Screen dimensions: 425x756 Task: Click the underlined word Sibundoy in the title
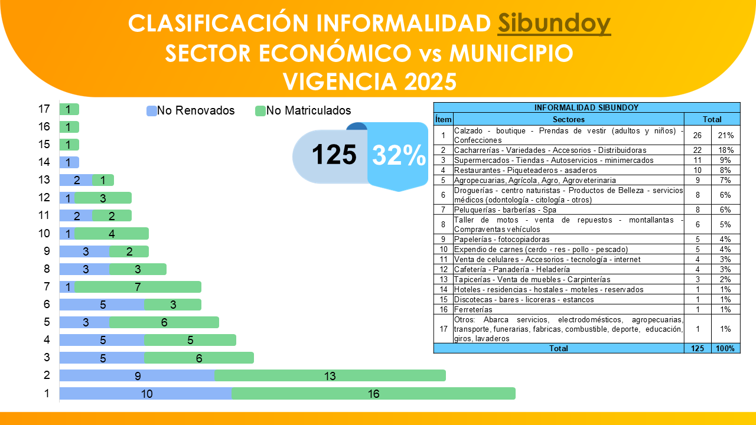tap(554, 24)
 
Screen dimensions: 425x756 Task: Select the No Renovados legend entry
tap(190, 110)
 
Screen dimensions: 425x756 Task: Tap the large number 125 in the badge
tap(334, 155)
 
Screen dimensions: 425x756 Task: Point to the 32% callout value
tap(399, 155)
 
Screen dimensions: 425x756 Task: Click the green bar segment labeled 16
tap(373, 394)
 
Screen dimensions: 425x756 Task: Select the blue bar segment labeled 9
tap(138, 376)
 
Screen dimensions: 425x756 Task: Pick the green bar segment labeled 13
tap(330, 376)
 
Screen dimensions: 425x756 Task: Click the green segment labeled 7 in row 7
tap(138, 287)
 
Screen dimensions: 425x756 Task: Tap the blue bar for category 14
tap(69, 162)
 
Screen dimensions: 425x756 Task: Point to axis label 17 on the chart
tap(44, 109)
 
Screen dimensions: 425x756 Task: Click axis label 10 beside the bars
tap(44, 234)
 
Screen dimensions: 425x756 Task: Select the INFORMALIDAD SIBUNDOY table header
tap(586, 107)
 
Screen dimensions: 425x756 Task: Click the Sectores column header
tap(568, 119)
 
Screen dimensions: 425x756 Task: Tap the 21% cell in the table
tap(725, 135)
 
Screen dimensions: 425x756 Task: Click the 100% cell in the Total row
tap(725, 348)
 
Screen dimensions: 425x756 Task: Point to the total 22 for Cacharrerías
tap(698, 151)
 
